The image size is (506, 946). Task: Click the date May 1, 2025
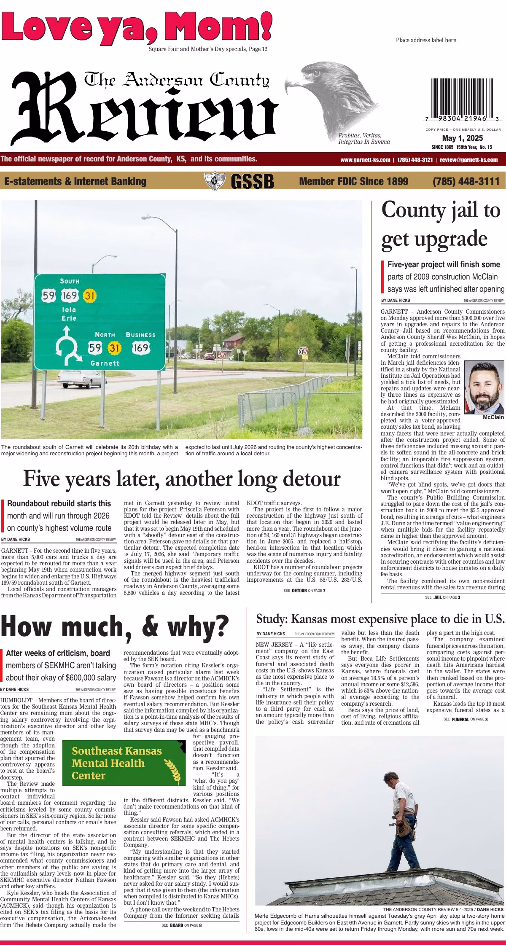(463, 138)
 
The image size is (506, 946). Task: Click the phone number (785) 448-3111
(466, 181)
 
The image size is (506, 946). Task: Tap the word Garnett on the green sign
(105, 363)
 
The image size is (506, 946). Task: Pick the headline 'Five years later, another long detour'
(181, 479)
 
